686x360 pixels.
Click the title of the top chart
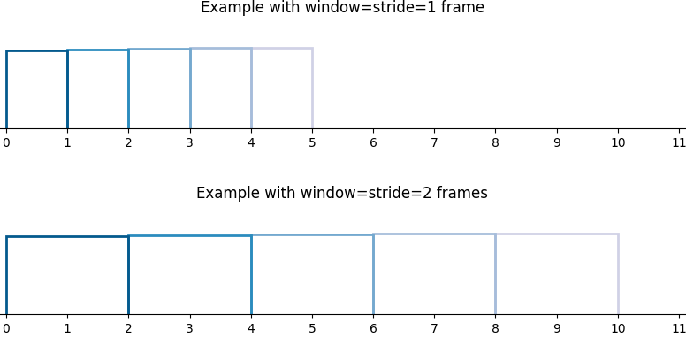click(342, 7)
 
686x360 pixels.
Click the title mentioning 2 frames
click(342, 193)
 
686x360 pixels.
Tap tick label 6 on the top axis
click(373, 142)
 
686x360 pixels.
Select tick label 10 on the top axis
click(618, 142)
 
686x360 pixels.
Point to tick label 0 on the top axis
click(6, 142)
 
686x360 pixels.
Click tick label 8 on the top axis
click(495, 142)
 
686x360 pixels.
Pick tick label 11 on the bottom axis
click(679, 328)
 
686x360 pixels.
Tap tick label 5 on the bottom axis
click(312, 328)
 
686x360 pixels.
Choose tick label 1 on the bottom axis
click(67, 328)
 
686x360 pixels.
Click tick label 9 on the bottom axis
click(557, 328)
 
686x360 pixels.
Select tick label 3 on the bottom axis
click(189, 328)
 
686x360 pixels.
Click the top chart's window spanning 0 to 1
click(37, 50)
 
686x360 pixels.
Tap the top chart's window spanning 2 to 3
click(159, 49)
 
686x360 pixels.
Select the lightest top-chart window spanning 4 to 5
click(282, 48)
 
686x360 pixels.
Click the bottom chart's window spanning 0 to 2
click(67, 236)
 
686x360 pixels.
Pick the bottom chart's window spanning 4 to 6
click(312, 234)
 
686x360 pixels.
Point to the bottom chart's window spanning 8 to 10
click(557, 234)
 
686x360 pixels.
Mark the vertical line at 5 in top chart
click(312, 88)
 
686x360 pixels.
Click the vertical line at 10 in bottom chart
click(618, 273)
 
